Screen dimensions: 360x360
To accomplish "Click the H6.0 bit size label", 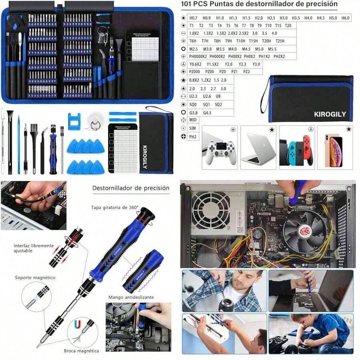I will tap(345, 18).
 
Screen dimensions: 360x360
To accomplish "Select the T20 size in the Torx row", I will tap(288, 26).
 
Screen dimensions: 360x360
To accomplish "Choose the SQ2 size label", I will tap(218, 104).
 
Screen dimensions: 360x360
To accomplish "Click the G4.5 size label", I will tap(207, 112).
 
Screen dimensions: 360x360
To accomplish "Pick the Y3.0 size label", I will tap(256, 64).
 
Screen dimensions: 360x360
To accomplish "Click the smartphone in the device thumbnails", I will tap(333, 150).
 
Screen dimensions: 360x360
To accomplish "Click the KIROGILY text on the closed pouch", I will tap(330, 114).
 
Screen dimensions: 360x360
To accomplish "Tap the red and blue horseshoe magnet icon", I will tap(78, 324).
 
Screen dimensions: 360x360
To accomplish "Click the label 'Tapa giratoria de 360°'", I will tap(115, 207).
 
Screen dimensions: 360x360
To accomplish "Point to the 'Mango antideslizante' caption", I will tap(131, 297).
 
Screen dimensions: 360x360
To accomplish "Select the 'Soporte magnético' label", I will tap(35, 277).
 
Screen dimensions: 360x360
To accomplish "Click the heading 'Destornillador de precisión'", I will tap(131, 188).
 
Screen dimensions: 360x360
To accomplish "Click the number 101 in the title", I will tap(188, 4).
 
